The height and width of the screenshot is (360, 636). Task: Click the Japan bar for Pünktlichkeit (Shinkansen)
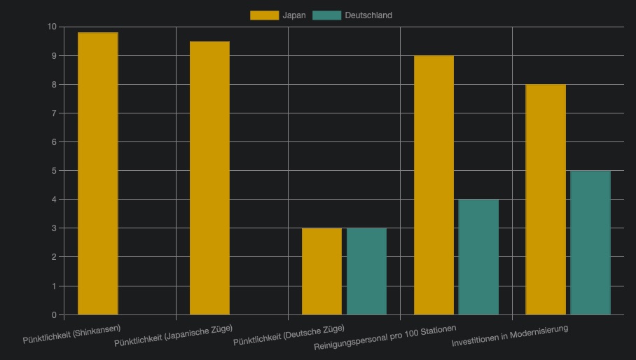(x=98, y=174)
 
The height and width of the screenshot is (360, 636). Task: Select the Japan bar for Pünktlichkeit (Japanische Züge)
(x=209, y=178)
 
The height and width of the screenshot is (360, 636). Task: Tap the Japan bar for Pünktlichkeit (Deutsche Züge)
(x=322, y=271)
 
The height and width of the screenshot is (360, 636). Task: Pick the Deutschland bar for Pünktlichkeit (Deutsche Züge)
(x=366, y=271)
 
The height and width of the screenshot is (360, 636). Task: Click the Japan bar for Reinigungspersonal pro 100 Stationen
(x=434, y=185)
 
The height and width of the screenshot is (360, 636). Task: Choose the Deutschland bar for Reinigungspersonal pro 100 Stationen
(x=478, y=257)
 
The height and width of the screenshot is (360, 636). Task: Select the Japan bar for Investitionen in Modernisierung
(x=546, y=200)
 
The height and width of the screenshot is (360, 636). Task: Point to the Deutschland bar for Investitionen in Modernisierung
(x=590, y=242)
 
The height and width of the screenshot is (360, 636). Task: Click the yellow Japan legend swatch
(x=264, y=15)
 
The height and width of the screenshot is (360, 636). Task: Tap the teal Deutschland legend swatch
(x=327, y=15)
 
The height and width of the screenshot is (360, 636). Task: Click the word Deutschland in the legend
(x=368, y=15)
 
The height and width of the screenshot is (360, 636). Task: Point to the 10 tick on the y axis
(x=51, y=27)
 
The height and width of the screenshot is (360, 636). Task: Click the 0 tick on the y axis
(x=54, y=314)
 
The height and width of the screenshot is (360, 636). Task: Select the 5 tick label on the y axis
(x=54, y=171)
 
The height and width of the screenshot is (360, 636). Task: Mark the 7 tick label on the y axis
(x=54, y=113)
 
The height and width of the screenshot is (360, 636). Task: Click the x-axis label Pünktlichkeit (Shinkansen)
(x=72, y=335)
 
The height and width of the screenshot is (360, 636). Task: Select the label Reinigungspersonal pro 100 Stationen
(x=385, y=338)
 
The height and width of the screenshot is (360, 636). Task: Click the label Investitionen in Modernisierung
(x=510, y=336)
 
